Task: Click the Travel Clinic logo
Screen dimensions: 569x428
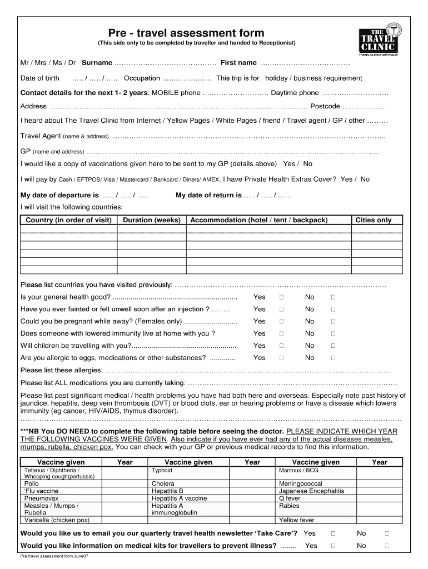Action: tap(380, 39)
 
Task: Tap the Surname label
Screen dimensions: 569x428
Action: tap(97, 63)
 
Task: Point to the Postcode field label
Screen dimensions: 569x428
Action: tap(325, 106)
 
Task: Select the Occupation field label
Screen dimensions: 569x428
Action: tap(142, 78)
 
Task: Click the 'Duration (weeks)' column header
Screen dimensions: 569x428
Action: tap(152, 220)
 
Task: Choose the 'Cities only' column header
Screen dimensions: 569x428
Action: tap(373, 220)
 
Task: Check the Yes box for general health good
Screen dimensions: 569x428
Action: tap(281, 297)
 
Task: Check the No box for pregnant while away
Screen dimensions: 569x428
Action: tap(334, 321)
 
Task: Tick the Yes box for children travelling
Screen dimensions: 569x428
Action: tap(281, 346)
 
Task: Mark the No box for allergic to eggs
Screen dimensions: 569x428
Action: tap(334, 358)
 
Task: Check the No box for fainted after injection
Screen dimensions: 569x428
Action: tap(334, 309)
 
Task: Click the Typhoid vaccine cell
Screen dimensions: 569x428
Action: tap(162, 470)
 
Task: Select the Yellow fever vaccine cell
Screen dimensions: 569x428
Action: tap(296, 520)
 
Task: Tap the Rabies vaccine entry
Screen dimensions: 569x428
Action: tap(289, 506)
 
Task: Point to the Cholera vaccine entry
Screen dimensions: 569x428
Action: tap(163, 483)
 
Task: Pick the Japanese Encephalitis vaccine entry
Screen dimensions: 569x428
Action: tap(311, 491)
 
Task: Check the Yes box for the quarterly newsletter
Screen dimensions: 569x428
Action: tap(333, 533)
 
